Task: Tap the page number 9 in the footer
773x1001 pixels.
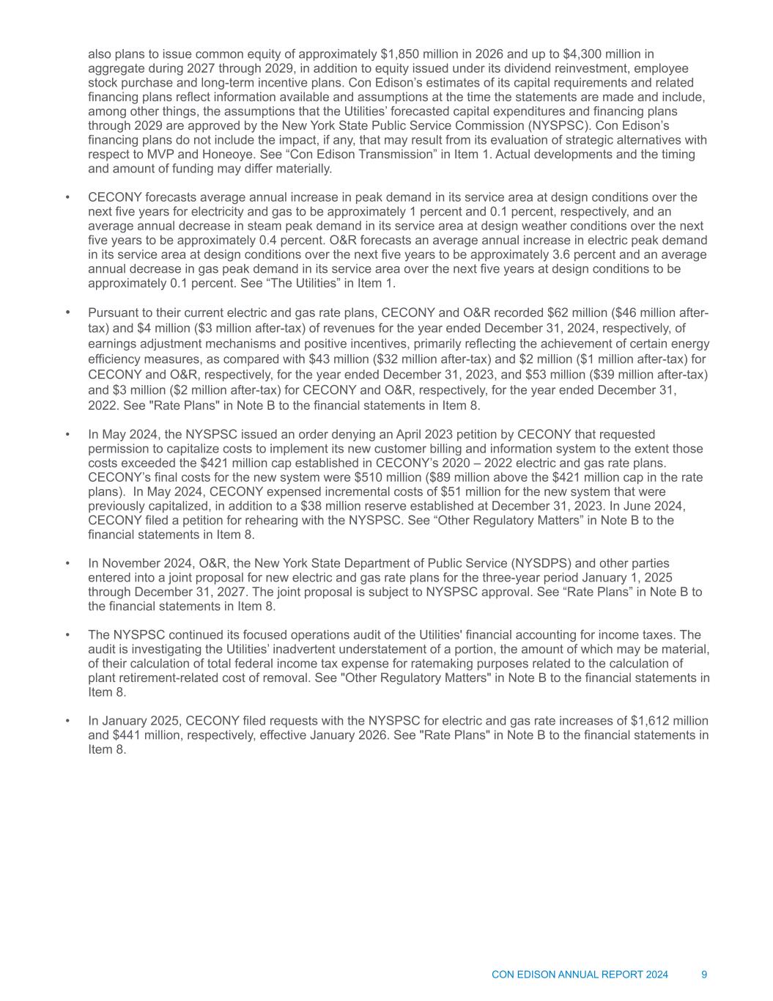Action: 704,975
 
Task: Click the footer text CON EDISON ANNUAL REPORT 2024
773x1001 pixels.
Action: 580,975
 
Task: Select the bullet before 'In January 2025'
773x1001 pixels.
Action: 67,721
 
